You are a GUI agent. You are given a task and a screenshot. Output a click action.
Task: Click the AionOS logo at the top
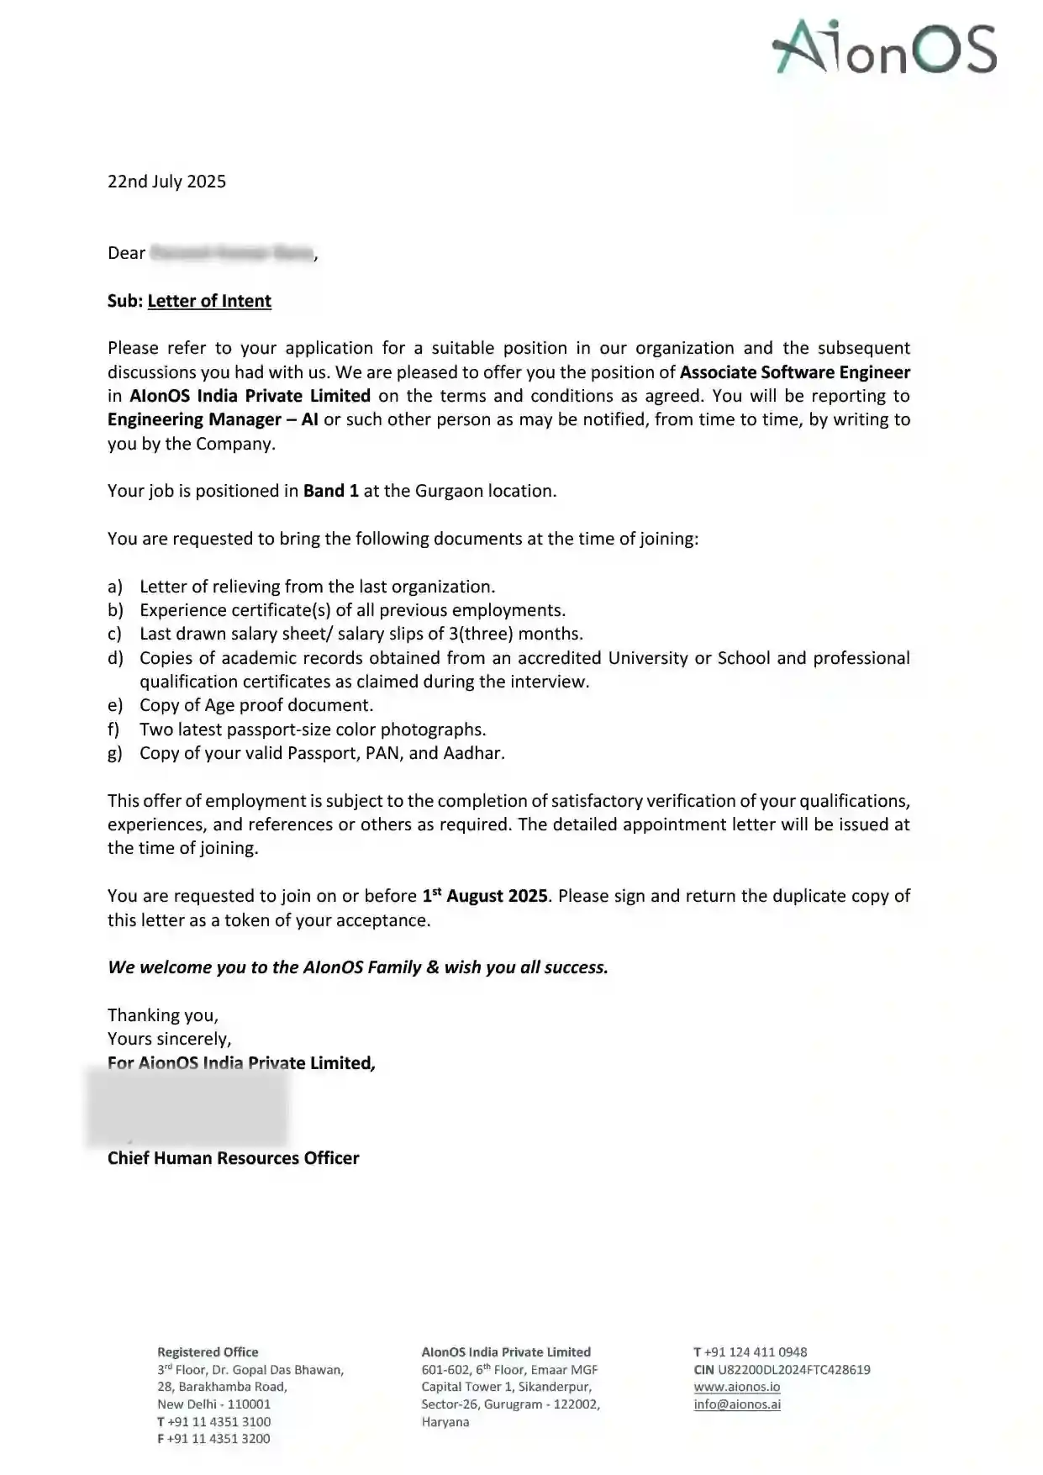pyautogui.click(x=884, y=48)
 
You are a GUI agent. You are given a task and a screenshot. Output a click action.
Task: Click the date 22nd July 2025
pyautogui.click(x=166, y=182)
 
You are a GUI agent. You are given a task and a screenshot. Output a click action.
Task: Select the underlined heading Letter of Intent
pyautogui.click(x=209, y=301)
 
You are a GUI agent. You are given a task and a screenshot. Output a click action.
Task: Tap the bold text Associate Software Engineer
pyautogui.click(x=794, y=372)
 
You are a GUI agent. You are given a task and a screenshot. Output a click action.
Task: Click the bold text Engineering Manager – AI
pyautogui.click(x=213, y=419)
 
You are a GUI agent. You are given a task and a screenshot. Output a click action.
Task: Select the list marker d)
pyautogui.click(x=115, y=658)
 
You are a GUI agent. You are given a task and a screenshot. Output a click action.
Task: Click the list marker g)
pyautogui.click(x=115, y=753)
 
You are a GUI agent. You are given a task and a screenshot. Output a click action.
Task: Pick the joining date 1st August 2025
pyautogui.click(x=485, y=896)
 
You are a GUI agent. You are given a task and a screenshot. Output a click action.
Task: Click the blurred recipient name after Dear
pyautogui.click(x=231, y=253)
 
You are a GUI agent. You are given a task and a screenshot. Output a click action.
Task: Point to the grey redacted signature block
pyautogui.click(x=187, y=1108)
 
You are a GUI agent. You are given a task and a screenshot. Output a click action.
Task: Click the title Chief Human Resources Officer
pyautogui.click(x=233, y=1158)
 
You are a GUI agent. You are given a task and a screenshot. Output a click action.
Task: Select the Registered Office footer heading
pyautogui.click(x=208, y=1352)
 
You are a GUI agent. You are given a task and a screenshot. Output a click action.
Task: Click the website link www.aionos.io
pyautogui.click(x=737, y=1387)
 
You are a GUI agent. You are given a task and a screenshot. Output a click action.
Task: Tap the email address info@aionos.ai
pyautogui.click(x=737, y=1404)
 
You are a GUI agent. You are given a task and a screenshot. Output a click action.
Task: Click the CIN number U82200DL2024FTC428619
pyautogui.click(x=793, y=1370)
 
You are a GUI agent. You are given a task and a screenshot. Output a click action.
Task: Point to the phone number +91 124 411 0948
pyautogui.click(x=756, y=1352)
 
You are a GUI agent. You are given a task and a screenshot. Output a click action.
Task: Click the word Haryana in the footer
pyautogui.click(x=445, y=1422)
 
